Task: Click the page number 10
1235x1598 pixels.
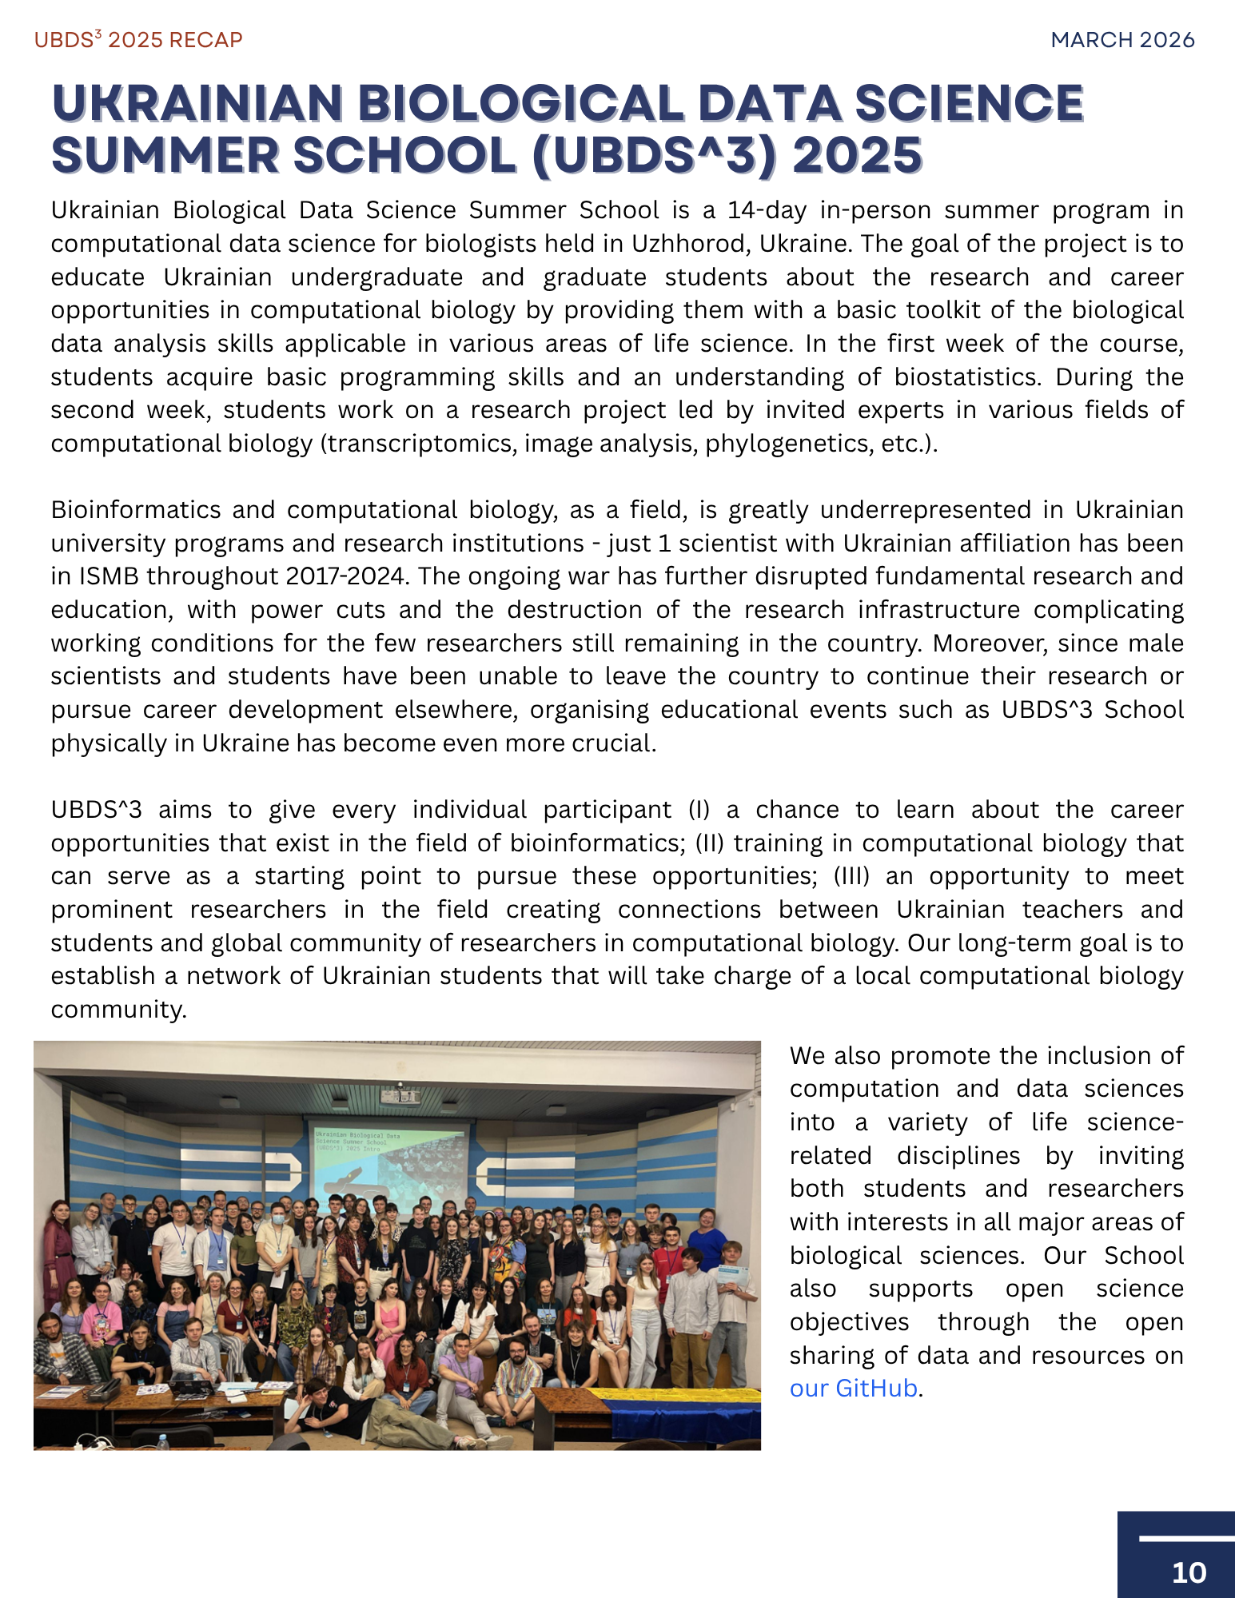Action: tap(1188, 1572)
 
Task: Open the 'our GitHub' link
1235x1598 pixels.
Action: tap(853, 1389)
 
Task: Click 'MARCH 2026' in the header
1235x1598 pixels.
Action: tap(1122, 40)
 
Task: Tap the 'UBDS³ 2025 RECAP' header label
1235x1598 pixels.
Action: tap(137, 40)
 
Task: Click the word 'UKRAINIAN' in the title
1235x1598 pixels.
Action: tap(197, 104)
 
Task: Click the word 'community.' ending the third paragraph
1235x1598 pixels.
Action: tap(118, 1010)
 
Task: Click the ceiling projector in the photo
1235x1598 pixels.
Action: tap(399, 1094)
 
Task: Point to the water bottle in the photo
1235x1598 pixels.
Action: tap(163, 1439)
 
